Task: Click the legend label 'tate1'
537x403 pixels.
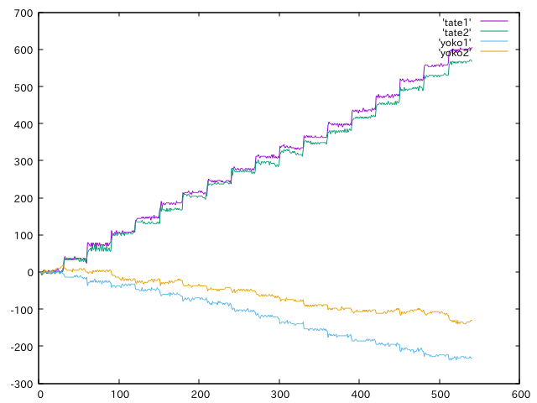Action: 456,22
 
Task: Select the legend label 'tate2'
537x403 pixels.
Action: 456,32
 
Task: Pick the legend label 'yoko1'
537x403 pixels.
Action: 455,42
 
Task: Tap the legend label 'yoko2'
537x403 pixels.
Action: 455,52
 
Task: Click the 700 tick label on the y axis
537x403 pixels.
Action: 22,13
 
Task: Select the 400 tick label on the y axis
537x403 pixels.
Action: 22,124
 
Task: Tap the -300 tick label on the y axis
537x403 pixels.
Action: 20,383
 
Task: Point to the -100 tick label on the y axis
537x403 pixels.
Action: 20,309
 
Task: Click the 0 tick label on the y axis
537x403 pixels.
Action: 29,272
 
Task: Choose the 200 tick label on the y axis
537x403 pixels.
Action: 22,198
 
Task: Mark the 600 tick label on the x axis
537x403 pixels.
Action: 519,393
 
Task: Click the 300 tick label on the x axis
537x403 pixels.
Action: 279,393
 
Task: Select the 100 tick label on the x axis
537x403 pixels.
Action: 120,393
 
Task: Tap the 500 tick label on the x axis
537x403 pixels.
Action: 440,393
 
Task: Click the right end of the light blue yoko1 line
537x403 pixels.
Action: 472,359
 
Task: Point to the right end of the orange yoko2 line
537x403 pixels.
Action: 472,320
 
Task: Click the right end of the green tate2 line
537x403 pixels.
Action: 472,60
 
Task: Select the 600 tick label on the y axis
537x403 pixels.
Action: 22,50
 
